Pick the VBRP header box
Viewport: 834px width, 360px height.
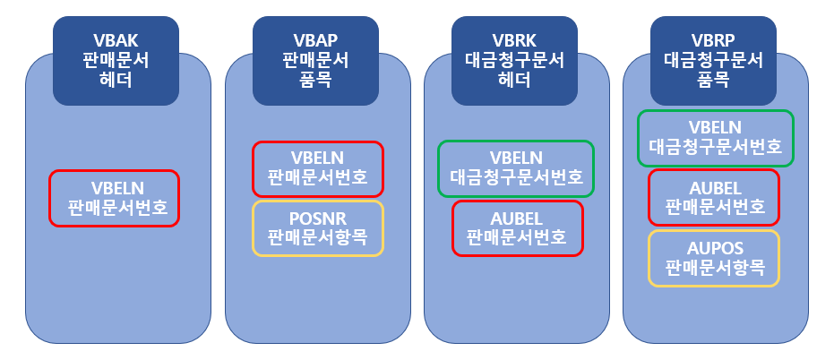point(714,59)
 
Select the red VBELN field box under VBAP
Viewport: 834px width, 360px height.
point(317,168)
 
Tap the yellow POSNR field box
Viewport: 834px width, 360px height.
point(317,227)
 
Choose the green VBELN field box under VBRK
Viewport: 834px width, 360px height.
point(516,167)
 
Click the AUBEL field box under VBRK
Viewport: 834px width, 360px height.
point(517,227)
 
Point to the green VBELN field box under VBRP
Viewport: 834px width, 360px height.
point(714,137)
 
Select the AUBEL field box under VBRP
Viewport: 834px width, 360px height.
point(714,197)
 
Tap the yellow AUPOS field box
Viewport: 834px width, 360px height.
point(714,258)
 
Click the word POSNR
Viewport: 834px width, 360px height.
point(317,219)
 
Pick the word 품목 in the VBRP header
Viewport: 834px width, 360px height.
point(714,79)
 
